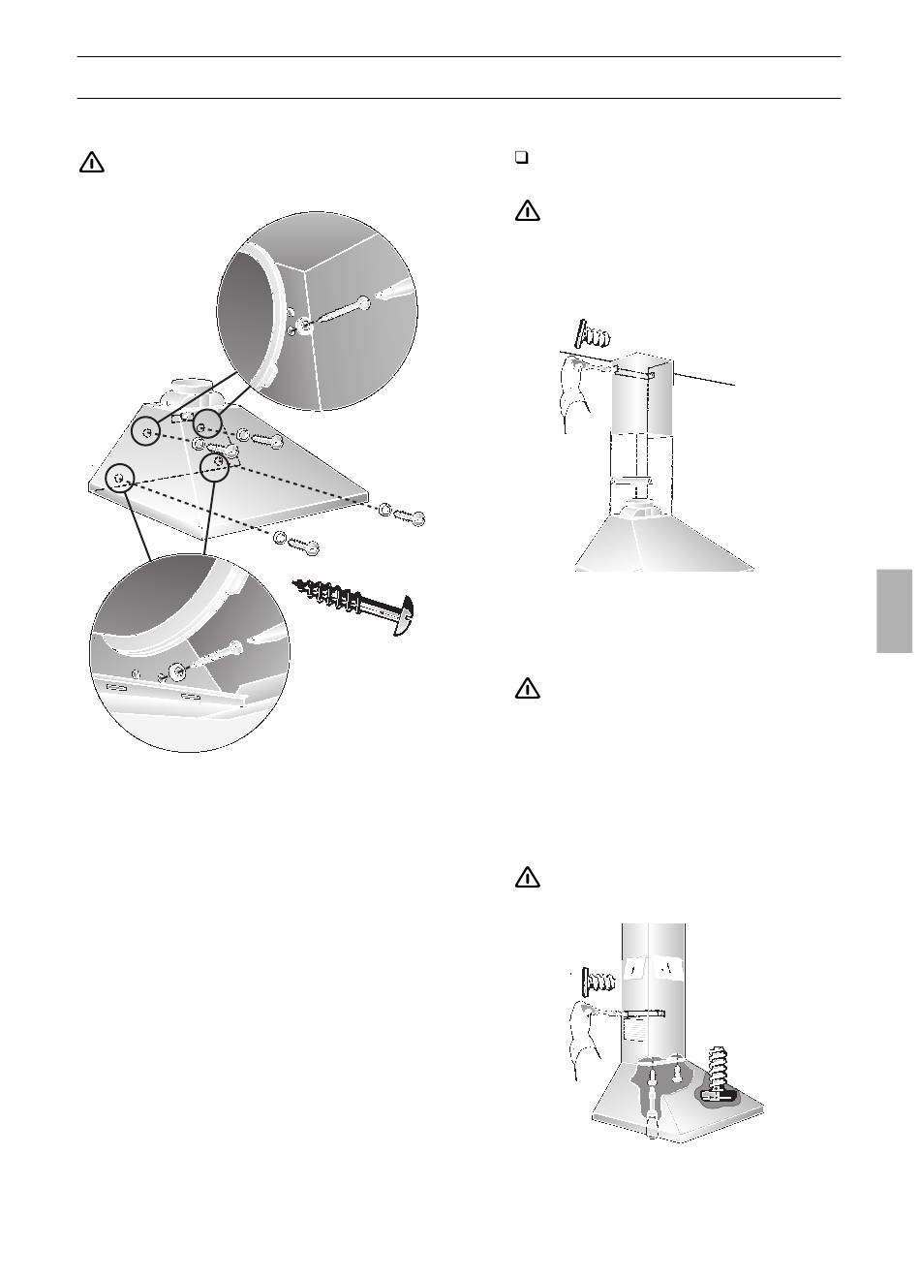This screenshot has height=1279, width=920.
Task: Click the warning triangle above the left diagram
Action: pos(91,163)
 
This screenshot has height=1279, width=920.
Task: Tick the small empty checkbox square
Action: pos(521,160)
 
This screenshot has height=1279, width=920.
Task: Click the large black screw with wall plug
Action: pos(358,606)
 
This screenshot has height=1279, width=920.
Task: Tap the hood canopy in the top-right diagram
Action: pos(664,544)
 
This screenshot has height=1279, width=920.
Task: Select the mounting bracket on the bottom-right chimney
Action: pos(644,1014)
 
